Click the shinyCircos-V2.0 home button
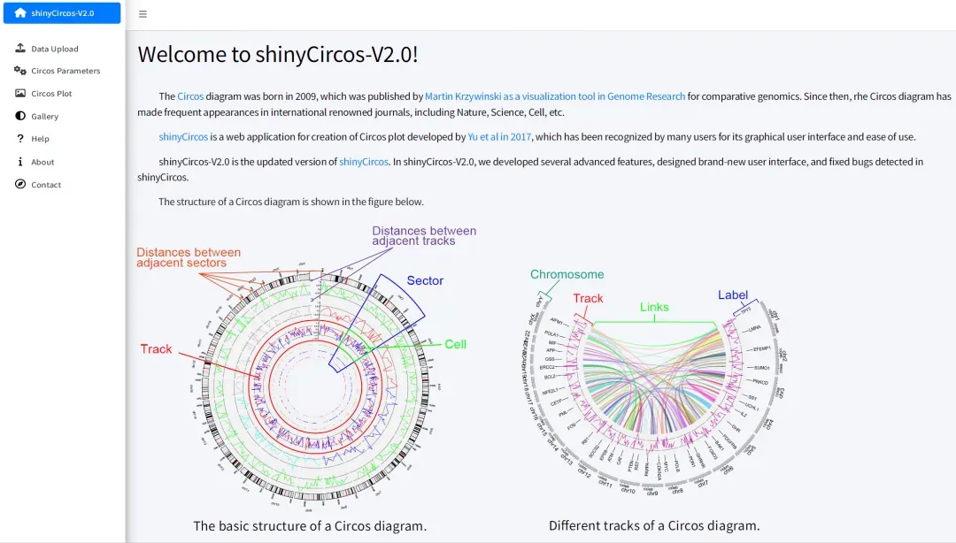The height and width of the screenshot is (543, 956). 61,13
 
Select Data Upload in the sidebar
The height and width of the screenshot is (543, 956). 54,49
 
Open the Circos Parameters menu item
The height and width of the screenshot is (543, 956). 66,71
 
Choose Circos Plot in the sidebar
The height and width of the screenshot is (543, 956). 51,94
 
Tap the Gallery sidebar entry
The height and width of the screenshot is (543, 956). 44,117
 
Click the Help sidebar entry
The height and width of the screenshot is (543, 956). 40,139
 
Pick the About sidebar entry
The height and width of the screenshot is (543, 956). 42,162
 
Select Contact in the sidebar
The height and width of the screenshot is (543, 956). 46,185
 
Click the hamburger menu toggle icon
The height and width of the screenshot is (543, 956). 143,14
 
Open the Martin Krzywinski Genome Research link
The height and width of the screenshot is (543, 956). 555,96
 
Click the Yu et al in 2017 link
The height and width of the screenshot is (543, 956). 500,137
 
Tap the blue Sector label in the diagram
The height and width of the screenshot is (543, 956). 425,280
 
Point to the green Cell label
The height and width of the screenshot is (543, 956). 455,344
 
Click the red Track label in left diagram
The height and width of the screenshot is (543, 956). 156,349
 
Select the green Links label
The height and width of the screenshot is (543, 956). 654,307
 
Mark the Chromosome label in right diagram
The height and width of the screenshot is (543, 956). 567,274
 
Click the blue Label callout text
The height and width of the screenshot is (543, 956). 733,294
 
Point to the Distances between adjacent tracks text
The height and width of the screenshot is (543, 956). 423,236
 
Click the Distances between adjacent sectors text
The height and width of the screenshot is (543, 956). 188,257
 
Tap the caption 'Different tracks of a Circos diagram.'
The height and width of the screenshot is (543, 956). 654,525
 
